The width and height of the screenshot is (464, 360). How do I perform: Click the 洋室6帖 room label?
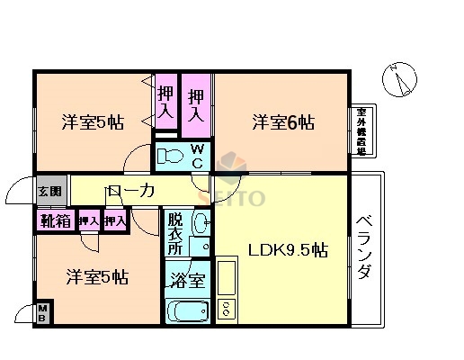coord(282,121)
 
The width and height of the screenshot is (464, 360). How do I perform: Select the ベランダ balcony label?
coord(363,248)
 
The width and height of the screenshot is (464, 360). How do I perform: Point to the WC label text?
coord(196,156)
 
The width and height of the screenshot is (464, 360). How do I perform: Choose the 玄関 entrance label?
coord(50,191)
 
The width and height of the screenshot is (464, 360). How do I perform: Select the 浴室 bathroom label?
coord(188,280)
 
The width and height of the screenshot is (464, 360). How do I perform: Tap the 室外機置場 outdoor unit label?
coord(360,130)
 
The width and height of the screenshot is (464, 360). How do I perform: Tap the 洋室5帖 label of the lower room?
coord(95,276)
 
